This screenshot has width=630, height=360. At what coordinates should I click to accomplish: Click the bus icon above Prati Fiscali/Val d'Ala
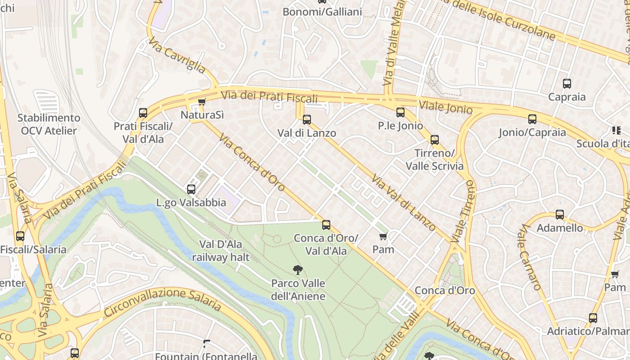143,113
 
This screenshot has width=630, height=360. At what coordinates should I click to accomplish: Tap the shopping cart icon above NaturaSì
202,102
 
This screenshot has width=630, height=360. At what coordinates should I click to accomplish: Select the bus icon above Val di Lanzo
307,120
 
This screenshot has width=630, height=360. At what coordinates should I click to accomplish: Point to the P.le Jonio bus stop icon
400,112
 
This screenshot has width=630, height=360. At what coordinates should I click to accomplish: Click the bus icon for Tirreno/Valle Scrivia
434,140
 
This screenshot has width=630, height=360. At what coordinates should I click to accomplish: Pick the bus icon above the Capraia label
567,84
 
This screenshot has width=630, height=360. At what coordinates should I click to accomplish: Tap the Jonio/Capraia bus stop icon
532,119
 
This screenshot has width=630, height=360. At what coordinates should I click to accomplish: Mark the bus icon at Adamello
560,215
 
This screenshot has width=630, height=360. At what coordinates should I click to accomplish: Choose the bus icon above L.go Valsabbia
191,189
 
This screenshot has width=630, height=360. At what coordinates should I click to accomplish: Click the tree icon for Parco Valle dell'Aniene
297,270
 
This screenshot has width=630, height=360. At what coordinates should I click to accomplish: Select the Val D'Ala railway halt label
220,251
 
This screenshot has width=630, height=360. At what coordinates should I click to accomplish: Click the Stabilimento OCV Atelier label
49,124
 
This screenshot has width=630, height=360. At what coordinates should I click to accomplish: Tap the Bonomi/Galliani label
322,12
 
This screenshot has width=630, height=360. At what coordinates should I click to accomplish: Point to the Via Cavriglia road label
177,55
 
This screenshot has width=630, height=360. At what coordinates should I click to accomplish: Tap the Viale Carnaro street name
529,257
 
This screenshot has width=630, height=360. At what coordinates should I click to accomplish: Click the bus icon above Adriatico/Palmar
593,318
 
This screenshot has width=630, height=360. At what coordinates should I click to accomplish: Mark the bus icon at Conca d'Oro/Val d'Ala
326,225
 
